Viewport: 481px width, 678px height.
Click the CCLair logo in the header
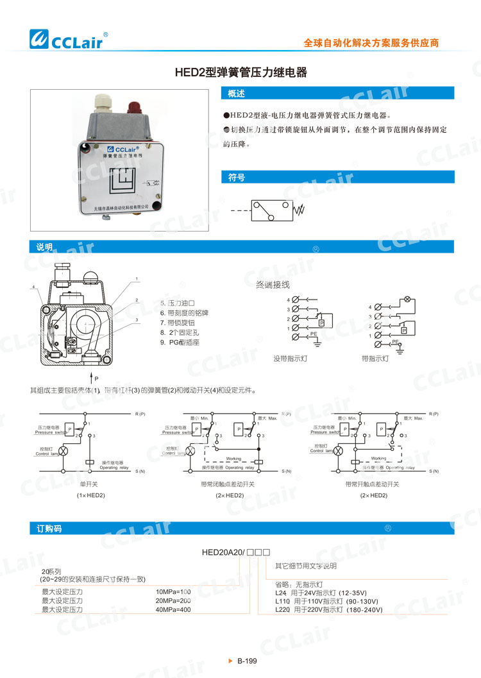(x=70, y=40)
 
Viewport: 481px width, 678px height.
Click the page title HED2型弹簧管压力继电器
(x=241, y=73)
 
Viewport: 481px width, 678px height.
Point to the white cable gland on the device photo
(x=103, y=103)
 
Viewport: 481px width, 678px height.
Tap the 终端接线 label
(x=273, y=284)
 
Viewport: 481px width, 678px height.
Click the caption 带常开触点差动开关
(x=373, y=484)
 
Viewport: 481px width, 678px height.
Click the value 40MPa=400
(x=174, y=609)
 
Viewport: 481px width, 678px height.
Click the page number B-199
(x=246, y=661)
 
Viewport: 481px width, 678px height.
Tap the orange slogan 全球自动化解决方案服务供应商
(x=371, y=43)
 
